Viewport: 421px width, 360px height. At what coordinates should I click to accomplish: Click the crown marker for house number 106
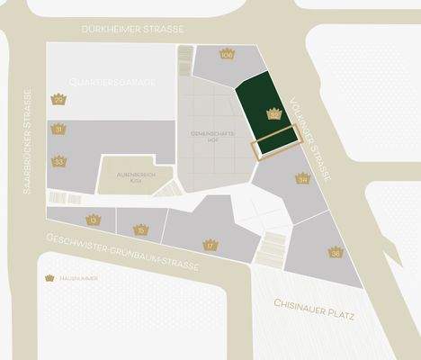[226, 54]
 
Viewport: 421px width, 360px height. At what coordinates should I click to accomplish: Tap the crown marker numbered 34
[303, 178]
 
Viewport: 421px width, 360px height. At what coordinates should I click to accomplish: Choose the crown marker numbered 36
[335, 252]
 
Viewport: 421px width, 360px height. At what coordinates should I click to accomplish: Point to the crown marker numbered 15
[139, 229]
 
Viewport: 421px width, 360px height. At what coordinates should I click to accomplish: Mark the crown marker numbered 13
[94, 219]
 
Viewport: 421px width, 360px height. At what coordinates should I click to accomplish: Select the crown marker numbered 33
[58, 161]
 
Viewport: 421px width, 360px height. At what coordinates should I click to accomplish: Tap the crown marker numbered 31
[58, 130]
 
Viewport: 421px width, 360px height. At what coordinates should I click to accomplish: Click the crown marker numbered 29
[58, 99]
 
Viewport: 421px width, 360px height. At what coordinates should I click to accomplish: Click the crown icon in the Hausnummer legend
[49, 278]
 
